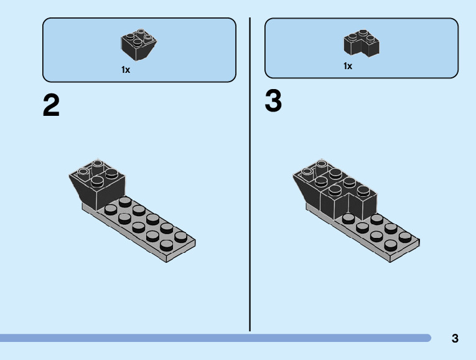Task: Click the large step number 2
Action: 52,106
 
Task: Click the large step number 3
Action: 273,102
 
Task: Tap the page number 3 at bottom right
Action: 455,339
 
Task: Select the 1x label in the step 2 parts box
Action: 126,70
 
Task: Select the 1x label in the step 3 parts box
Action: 348,66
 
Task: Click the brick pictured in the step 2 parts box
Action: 138,45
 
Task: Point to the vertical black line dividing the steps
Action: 250,174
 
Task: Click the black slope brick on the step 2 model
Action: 103,187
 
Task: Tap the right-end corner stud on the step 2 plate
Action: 181,237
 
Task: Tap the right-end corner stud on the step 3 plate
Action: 405,237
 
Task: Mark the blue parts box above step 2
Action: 139,50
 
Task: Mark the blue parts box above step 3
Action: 362,48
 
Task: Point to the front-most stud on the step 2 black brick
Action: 98,182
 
